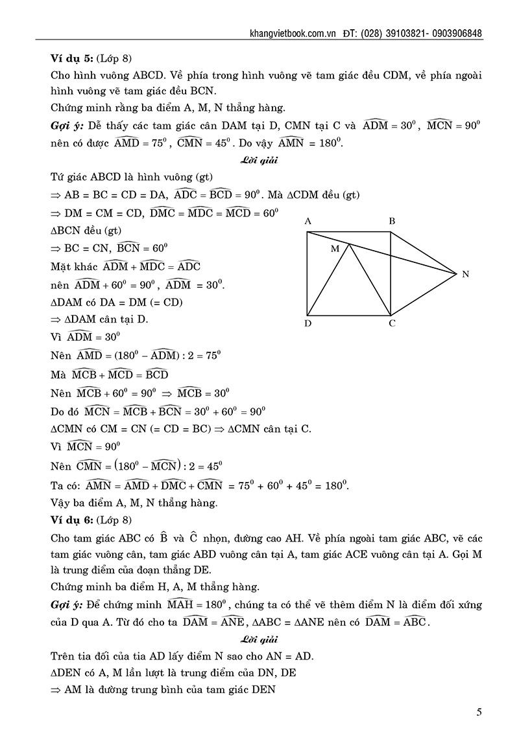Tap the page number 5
[479, 713]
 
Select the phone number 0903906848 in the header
[453, 34]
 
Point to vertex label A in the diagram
[308, 222]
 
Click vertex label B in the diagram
[392, 222]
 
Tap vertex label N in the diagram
[465, 274]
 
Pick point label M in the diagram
[335, 249]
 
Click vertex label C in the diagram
[392, 323]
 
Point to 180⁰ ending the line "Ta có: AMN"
[335, 485]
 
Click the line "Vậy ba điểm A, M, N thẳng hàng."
[134, 502]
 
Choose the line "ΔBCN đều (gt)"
[85, 230]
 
